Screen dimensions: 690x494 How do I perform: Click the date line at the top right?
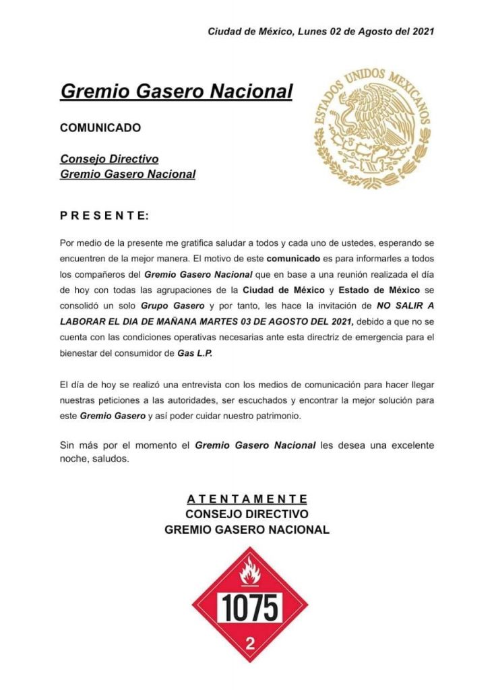click(x=321, y=31)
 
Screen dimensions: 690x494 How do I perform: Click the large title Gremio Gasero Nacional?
click(x=176, y=91)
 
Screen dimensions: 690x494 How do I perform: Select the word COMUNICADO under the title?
click(x=100, y=127)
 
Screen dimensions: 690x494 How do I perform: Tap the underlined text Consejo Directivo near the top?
click(x=109, y=159)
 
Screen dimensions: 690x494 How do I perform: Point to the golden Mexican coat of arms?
click(x=371, y=128)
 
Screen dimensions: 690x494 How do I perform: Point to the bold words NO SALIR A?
click(x=406, y=306)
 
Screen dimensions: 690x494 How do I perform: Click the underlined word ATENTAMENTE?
click(x=247, y=499)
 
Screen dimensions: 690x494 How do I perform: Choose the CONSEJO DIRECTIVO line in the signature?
click(x=247, y=514)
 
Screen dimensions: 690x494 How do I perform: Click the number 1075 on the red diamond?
click(x=250, y=608)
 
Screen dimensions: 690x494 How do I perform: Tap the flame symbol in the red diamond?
click(x=249, y=574)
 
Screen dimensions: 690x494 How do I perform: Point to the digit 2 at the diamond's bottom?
click(x=250, y=643)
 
